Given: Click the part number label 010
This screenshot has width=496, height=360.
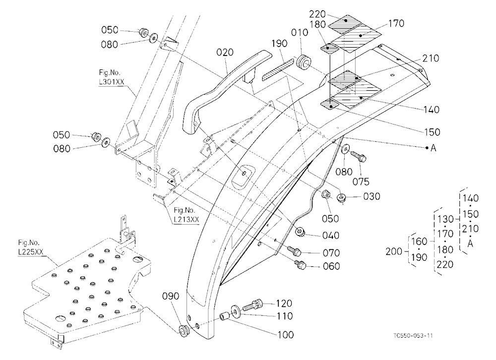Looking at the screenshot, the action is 299,33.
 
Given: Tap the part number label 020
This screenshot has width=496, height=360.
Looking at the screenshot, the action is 225,52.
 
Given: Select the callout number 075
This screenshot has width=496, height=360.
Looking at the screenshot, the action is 361,181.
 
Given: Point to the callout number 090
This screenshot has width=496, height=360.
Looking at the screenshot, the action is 171,297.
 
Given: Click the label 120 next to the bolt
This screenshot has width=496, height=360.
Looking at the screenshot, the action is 283,303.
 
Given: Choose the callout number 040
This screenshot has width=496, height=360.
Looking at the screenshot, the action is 331,236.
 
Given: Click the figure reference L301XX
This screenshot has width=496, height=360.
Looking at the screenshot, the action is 112,82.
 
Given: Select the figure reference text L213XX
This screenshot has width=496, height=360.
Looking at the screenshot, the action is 186,219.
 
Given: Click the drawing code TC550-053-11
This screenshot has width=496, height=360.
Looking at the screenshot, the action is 413,335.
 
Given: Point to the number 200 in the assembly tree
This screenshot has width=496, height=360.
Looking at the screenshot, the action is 394,251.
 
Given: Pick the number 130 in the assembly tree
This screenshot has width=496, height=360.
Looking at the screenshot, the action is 446,219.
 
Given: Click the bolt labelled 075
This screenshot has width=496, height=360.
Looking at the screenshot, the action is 358,155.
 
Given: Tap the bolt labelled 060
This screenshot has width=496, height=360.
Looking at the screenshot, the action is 300,264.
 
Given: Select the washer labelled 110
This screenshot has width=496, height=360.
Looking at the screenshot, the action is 235,311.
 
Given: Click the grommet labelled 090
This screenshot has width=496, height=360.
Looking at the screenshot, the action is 184,330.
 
